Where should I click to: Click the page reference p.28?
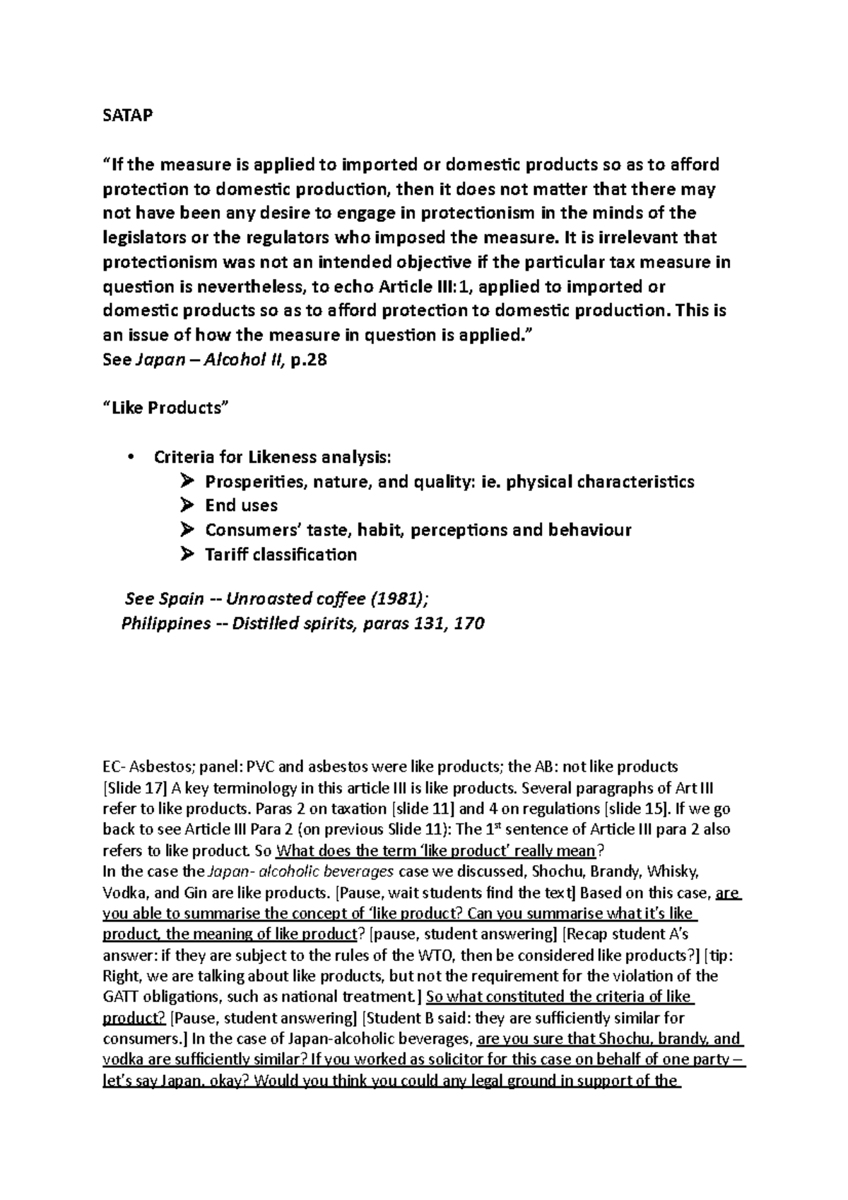click(310, 360)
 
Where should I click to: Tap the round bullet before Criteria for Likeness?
click(131, 457)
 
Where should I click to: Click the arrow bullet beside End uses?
click(187, 505)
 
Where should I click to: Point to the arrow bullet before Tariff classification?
click(187, 554)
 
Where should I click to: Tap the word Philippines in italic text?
click(165, 623)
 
